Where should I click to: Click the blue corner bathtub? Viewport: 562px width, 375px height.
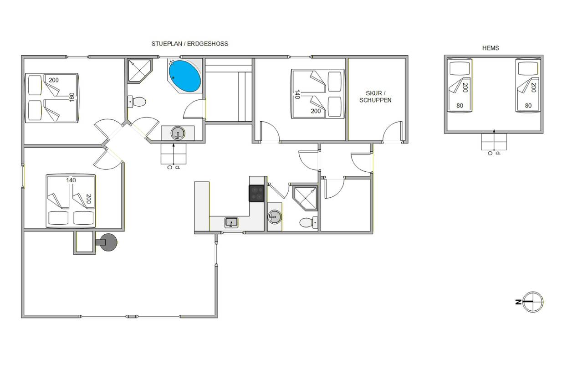pyautogui.click(x=185, y=76)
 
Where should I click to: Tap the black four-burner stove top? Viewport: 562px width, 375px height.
pyautogui.click(x=256, y=193)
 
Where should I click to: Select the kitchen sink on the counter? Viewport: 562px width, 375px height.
pyautogui.click(x=231, y=222)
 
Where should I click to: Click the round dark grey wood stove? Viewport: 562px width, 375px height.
pyautogui.click(x=107, y=242)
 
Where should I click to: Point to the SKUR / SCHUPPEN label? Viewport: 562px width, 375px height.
pyautogui.click(x=375, y=97)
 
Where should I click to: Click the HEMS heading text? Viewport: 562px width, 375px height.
pyautogui.click(x=490, y=48)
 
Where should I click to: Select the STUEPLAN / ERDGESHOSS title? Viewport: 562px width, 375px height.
pyautogui.click(x=189, y=44)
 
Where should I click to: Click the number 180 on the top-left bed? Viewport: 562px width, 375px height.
pyautogui.click(x=72, y=98)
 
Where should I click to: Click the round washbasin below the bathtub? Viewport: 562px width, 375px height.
pyautogui.click(x=178, y=133)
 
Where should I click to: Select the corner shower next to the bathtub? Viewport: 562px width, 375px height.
pyautogui.click(x=140, y=71)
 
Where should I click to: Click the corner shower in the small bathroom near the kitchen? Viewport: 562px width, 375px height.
pyautogui.click(x=305, y=198)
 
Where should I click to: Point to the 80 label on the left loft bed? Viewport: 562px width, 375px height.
pyautogui.click(x=460, y=106)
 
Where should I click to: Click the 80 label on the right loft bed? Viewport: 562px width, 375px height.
pyautogui.click(x=528, y=106)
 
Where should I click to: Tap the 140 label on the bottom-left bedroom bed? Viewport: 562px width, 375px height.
pyautogui.click(x=71, y=180)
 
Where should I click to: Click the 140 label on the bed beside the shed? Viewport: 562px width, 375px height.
pyautogui.click(x=297, y=94)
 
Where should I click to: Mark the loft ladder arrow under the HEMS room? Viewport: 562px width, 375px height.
pyautogui.click(x=494, y=140)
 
